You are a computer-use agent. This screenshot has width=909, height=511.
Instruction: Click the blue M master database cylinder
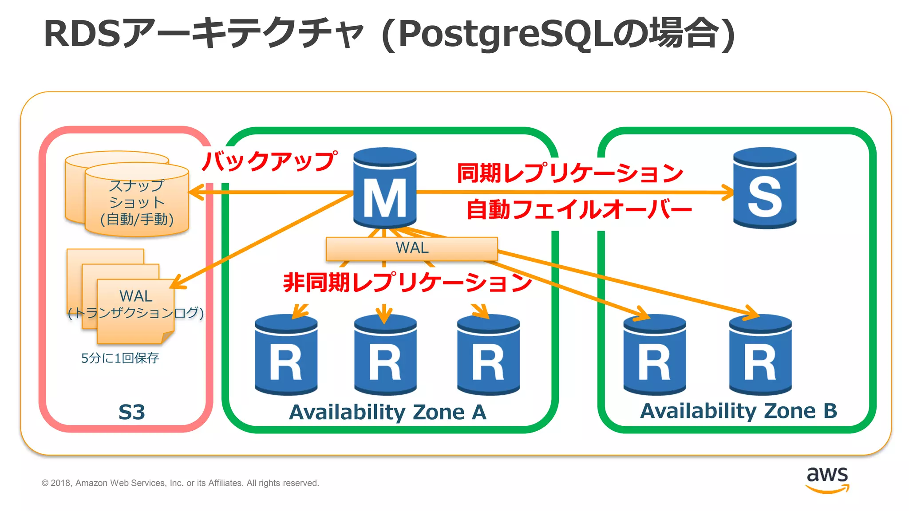coord(385,189)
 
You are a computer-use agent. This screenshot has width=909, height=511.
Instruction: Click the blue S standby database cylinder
coord(765,189)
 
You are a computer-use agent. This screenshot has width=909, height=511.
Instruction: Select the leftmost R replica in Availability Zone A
coord(286,355)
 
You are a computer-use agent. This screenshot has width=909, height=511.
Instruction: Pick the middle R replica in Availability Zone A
coord(385,355)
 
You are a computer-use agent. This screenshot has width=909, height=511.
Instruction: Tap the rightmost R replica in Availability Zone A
coord(488,355)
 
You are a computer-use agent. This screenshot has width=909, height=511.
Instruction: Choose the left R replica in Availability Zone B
coord(655,355)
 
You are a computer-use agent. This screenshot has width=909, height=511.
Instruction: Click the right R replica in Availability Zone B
coord(760,355)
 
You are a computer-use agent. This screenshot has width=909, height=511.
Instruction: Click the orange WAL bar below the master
coord(411,249)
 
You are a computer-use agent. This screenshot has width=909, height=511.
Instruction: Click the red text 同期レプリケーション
coord(570,173)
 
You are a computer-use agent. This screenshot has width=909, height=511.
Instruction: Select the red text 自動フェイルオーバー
coord(579,209)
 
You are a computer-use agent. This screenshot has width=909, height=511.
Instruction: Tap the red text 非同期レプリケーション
coord(407,282)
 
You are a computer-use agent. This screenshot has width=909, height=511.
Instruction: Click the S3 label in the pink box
coord(132,412)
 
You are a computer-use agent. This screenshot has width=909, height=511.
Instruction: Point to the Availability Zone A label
coord(387,412)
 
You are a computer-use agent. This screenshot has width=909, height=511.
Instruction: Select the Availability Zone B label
coord(738,411)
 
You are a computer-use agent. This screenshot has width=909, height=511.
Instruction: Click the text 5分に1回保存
coord(120,358)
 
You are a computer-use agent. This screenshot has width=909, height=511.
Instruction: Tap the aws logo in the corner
coord(827,480)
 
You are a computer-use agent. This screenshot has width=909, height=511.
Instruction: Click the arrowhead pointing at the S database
coord(728,193)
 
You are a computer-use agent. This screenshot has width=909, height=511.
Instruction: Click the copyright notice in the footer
coord(180,483)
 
